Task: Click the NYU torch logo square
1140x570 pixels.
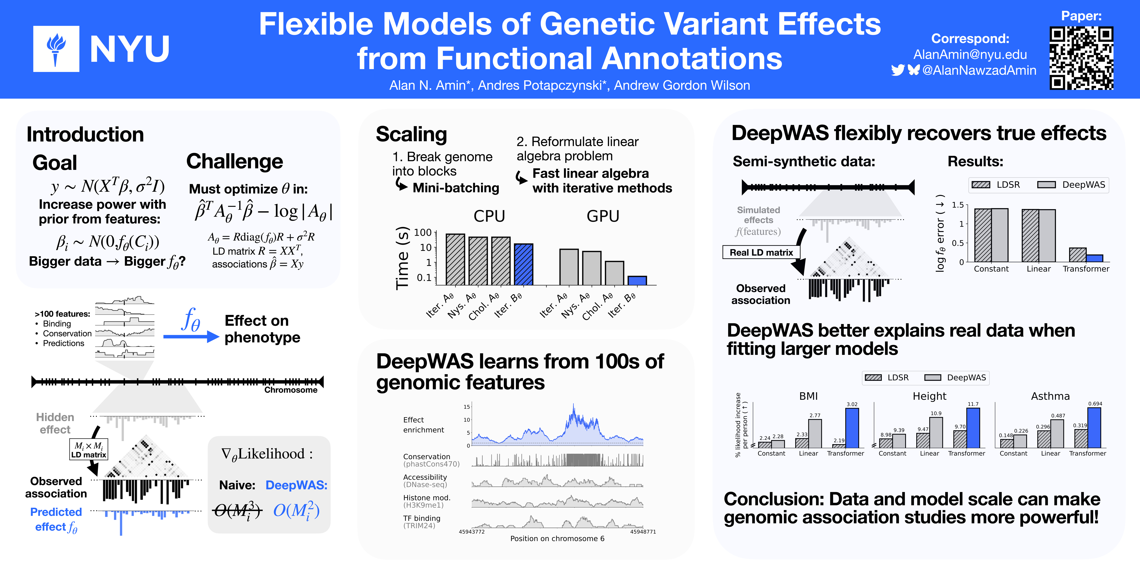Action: pyautogui.click(x=56, y=49)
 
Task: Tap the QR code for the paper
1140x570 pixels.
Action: pyautogui.click(x=1081, y=58)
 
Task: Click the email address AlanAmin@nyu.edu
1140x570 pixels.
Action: pyautogui.click(x=970, y=54)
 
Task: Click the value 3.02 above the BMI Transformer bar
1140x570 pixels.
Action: pyautogui.click(x=852, y=404)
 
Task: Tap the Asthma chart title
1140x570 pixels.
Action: pyautogui.click(x=1050, y=396)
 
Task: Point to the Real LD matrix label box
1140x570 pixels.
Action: pyautogui.click(x=761, y=252)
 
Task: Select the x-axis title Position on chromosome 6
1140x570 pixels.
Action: pyautogui.click(x=557, y=539)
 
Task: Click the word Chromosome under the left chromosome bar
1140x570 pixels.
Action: pyautogui.click(x=291, y=390)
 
